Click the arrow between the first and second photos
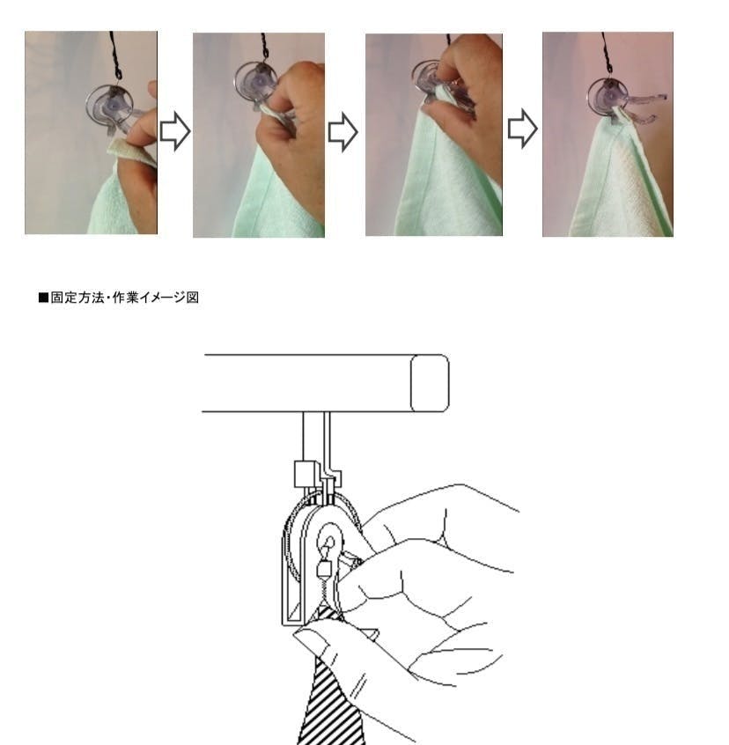point(175,131)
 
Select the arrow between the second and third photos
point(342,132)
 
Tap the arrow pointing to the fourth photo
point(522,129)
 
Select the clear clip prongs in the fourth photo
point(644,109)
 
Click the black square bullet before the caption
point(44,298)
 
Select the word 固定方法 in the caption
point(77,298)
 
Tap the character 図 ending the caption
point(192,298)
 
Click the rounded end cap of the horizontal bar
point(430,383)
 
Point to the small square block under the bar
point(305,474)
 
